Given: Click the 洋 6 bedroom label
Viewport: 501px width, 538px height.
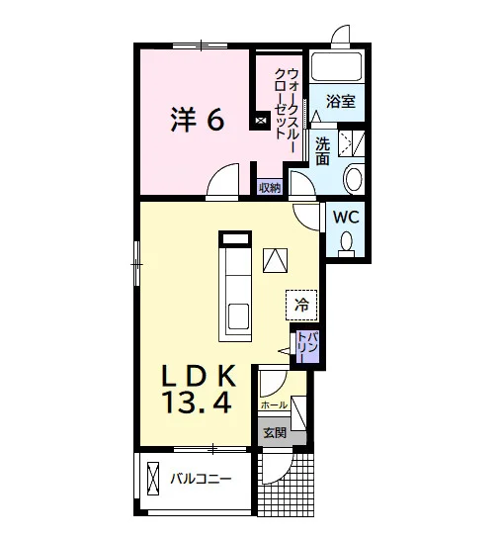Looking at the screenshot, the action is (198, 120).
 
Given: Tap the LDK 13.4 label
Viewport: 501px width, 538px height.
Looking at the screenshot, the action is (199, 389).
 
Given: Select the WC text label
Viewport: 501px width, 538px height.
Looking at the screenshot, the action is (346, 217).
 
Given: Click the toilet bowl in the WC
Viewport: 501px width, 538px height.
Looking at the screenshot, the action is (346, 241).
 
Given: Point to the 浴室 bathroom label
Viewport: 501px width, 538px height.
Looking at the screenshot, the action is (341, 101).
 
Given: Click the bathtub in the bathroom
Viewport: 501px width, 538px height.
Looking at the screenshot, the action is (336, 66).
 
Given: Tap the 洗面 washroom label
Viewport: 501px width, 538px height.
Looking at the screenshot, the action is (322, 151).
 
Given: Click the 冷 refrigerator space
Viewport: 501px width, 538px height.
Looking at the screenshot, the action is (301, 305).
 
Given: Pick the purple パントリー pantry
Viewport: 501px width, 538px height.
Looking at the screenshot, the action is (307, 346).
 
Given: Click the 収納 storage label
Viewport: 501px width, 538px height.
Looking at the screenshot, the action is (270, 188).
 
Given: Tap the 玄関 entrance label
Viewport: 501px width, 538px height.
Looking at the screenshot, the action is (275, 432).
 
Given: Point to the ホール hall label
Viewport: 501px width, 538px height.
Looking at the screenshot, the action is (274, 405).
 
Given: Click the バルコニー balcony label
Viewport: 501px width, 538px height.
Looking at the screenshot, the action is (201, 479).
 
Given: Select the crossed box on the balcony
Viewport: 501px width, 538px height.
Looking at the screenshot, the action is (153, 479).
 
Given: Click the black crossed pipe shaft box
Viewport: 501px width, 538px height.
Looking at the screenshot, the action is (261, 121).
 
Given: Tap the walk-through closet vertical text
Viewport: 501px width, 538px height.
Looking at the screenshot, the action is (287, 105).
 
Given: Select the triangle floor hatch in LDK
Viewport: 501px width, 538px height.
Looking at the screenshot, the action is (275, 260).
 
